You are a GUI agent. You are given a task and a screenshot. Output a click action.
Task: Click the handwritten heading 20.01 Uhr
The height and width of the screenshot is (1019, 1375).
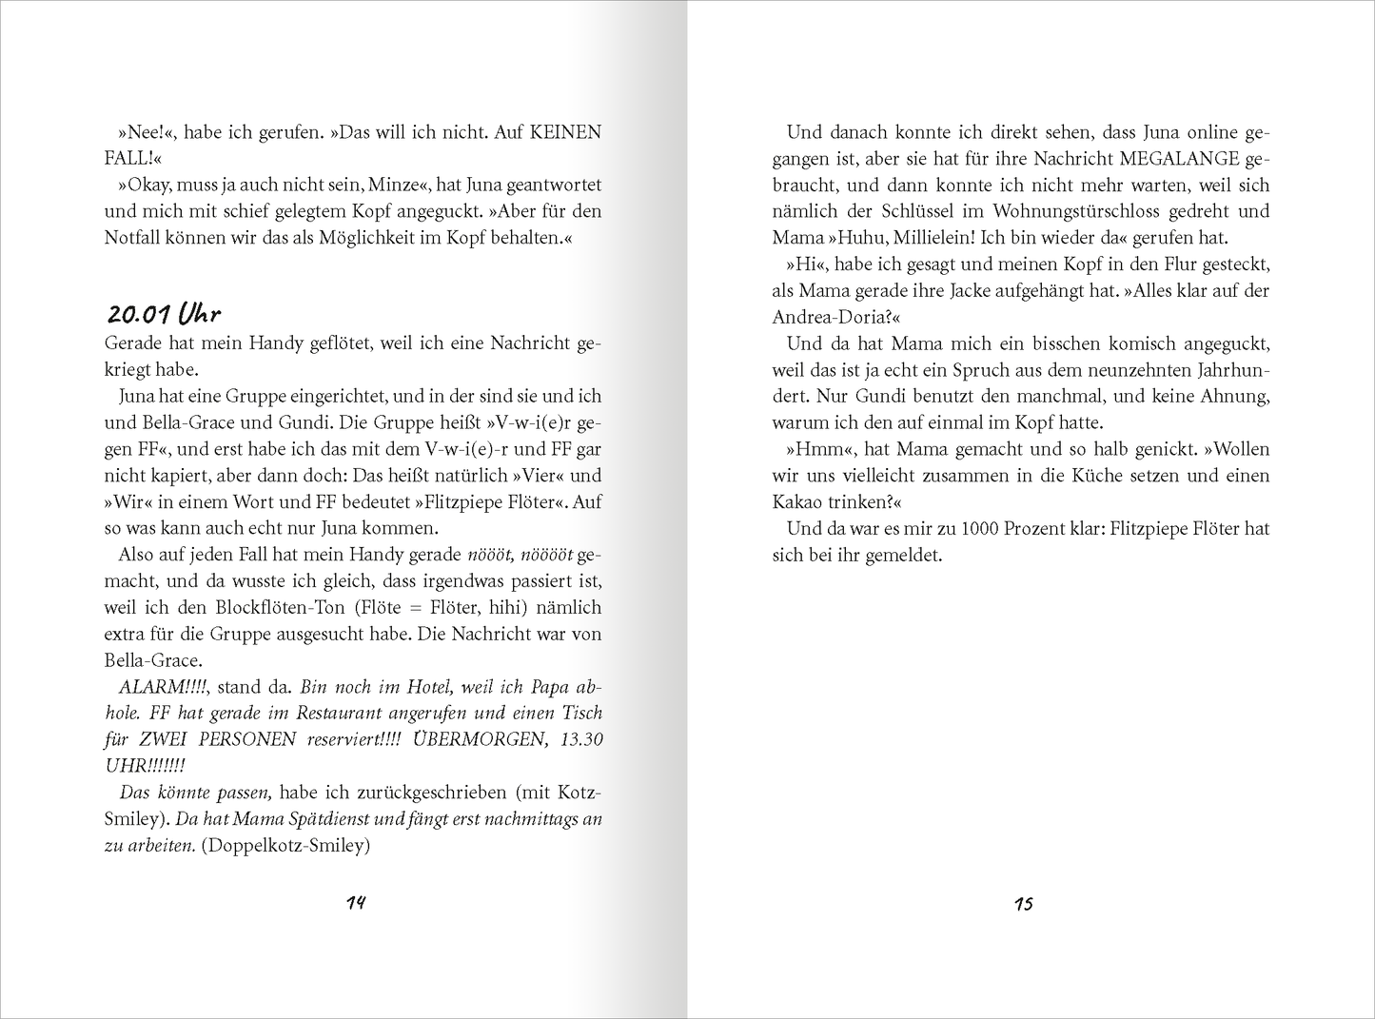tap(164, 315)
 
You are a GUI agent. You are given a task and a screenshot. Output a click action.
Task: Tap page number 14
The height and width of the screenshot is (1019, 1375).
tap(356, 903)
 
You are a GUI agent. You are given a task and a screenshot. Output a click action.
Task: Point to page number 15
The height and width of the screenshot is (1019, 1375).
tap(1023, 904)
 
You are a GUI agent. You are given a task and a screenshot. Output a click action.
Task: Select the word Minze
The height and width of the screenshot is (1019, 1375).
tap(393, 185)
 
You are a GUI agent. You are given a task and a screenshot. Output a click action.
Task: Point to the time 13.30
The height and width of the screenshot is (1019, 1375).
tap(579, 739)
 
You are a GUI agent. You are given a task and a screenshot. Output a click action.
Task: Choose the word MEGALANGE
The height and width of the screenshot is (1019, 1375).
tap(1179, 159)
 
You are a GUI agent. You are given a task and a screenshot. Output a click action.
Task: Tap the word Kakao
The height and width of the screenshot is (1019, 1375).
tap(800, 501)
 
